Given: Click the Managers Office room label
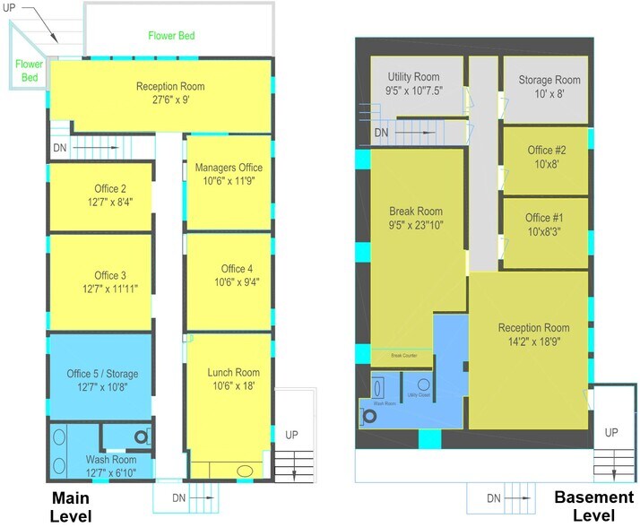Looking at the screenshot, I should click(229, 168).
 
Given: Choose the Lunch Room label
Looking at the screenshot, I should click(233, 373).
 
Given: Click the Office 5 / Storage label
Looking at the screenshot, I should click(102, 374).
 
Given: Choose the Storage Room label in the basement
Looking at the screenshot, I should click(549, 80).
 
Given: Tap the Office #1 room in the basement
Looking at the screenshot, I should click(545, 233).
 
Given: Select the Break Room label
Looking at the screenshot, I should click(416, 212).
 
